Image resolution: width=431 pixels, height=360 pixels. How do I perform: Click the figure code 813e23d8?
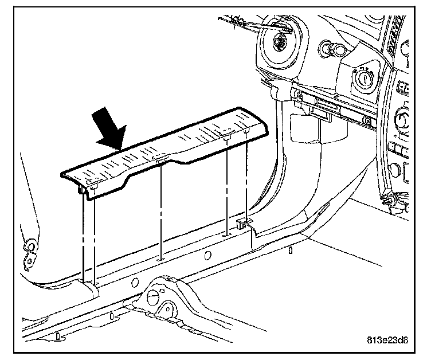click(387, 340)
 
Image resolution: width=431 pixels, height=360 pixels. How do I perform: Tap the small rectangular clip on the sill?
click(243, 224)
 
